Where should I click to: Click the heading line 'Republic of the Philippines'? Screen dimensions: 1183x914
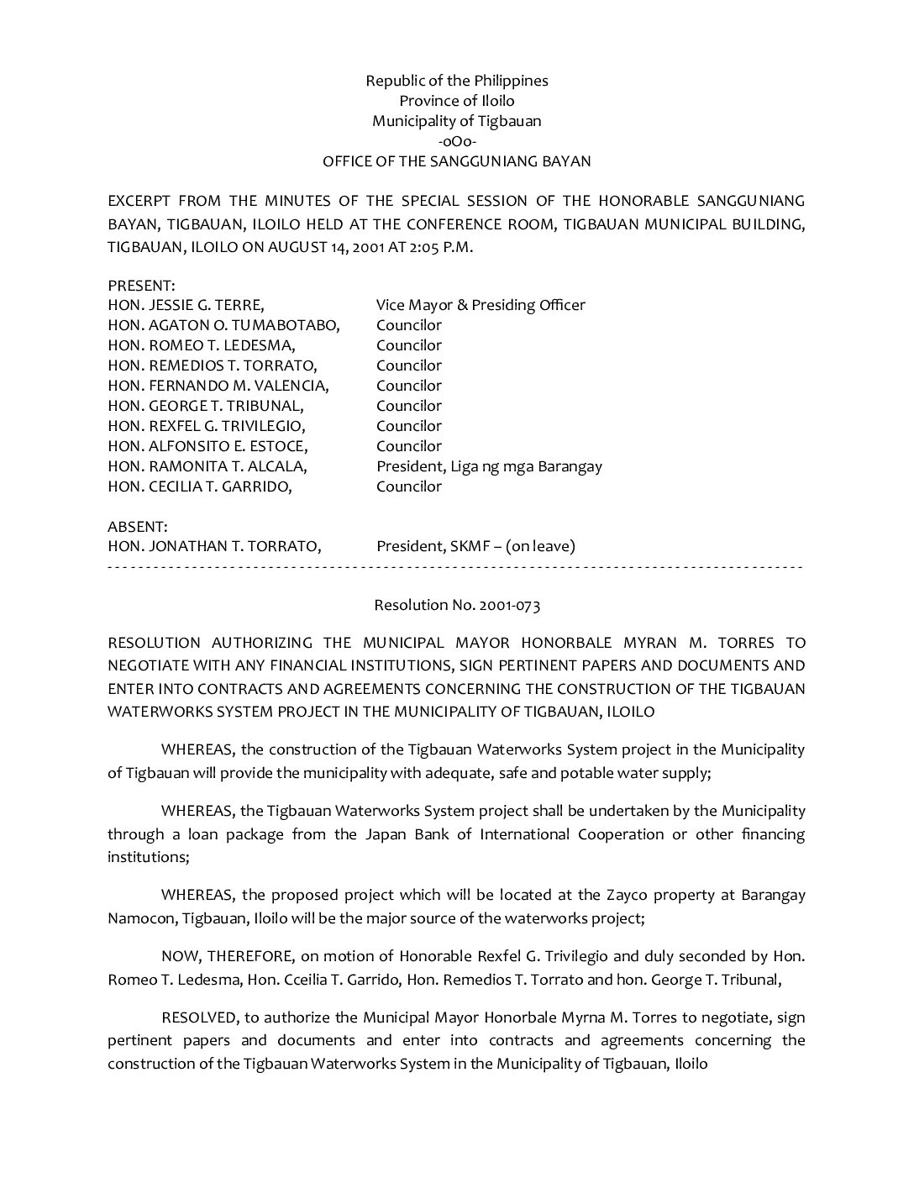[456, 81]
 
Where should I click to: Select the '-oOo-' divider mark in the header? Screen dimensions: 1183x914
[457, 141]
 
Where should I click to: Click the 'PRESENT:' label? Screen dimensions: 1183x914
[141, 286]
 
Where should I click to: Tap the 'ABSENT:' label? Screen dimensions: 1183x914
[138, 527]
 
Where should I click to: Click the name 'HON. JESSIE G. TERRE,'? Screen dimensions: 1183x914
[186, 305]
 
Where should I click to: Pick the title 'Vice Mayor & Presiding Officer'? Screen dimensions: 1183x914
[481, 305]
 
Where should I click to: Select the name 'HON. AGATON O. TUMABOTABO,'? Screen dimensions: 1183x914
[223, 325]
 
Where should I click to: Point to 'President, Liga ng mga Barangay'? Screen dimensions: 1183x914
[489, 466]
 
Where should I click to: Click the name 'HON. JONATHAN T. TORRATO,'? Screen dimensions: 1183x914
[214, 546]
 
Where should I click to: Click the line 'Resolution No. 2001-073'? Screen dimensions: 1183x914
[457, 605]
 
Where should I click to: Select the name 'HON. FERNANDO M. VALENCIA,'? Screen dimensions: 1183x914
[218, 386]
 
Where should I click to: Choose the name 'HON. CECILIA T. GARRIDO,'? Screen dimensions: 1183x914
[200, 486]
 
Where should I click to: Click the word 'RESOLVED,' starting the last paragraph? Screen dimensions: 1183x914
[199, 1017]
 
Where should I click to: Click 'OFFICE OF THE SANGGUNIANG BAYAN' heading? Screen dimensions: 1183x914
[457, 161]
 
